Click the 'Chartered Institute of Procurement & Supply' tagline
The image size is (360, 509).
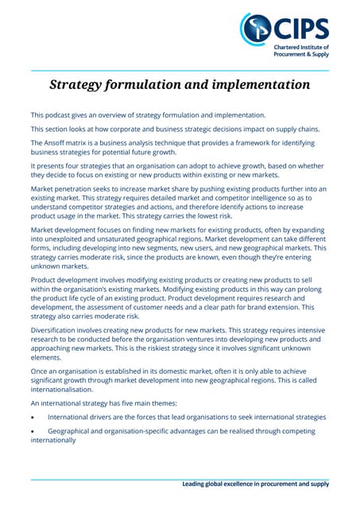[x=300, y=52]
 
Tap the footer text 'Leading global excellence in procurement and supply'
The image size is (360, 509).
[x=255, y=484]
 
